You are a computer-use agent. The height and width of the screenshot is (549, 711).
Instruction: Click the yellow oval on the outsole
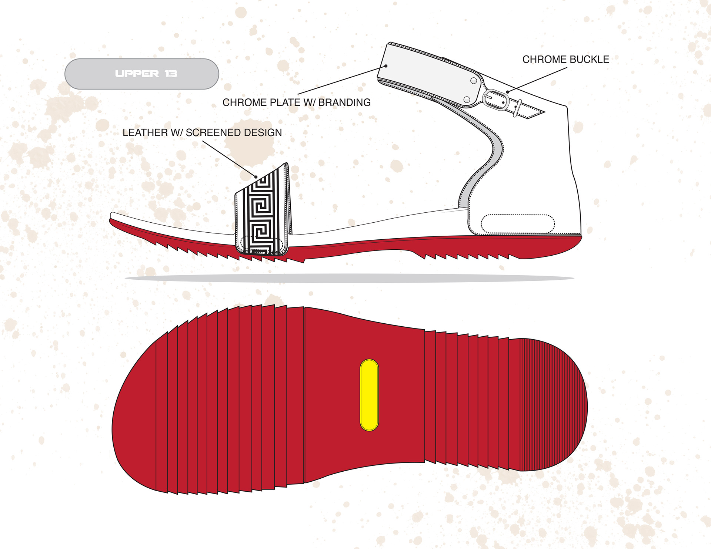coord(369,395)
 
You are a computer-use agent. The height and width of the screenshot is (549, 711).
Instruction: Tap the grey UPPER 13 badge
coord(142,74)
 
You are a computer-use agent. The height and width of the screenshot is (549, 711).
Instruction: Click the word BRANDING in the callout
coord(344,102)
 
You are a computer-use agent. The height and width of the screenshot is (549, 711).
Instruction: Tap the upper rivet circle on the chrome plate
coord(473,81)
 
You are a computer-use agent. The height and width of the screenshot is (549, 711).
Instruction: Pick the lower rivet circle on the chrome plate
coord(467,100)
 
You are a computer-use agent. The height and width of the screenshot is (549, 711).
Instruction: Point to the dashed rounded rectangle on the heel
coord(517,224)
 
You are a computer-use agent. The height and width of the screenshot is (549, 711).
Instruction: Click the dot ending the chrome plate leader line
coord(386,66)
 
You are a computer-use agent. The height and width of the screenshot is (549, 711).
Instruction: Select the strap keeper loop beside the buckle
coord(517,108)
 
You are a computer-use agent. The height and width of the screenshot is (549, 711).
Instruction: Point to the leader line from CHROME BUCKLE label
coord(537,80)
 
